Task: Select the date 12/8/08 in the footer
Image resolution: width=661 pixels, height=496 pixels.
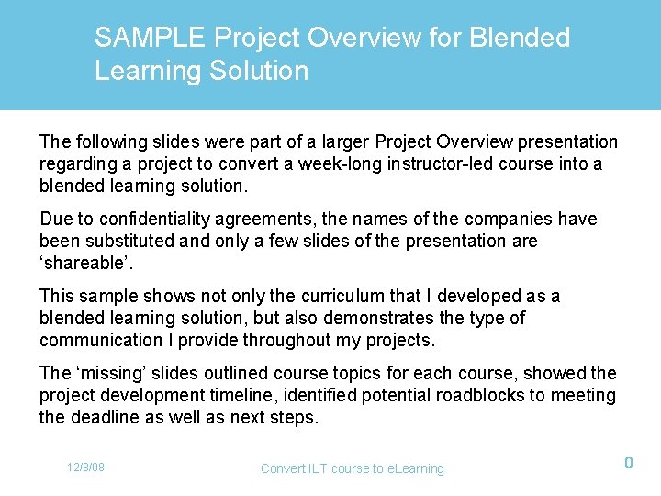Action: coord(85,468)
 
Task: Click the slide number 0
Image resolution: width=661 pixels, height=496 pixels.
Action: coord(629,463)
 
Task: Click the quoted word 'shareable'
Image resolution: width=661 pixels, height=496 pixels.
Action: coord(84,263)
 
